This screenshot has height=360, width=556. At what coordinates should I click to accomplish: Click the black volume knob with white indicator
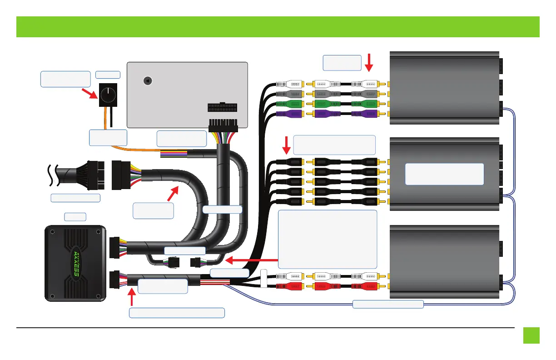click(109, 95)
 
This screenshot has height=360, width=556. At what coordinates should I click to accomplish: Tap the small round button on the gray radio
click(147, 80)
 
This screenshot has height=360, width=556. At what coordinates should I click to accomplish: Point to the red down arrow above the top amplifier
click(369, 62)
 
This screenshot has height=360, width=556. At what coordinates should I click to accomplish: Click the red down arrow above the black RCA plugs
click(287, 145)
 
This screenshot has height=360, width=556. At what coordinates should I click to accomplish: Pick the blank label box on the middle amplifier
click(444, 174)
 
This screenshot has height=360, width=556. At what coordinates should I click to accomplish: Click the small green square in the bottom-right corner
click(531, 335)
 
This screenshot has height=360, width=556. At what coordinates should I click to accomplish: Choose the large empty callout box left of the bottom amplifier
click(327, 239)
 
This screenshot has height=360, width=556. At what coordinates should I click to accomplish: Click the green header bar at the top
click(278, 27)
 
